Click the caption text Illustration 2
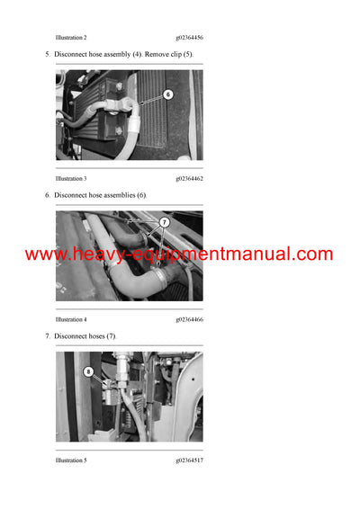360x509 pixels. (x=71, y=38)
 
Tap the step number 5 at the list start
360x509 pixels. (x=48, y=55)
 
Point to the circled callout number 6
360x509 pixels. (x=167, y=94)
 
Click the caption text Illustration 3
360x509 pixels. (x=71, y=179)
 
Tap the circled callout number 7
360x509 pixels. (x=164, y=222)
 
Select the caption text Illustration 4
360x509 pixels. (x=71, y=319)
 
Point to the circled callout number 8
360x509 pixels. (x=88, y=371)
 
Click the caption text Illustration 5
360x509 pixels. (x=71, y=460)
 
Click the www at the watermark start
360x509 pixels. (x=44, y=254)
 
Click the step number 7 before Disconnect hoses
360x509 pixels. (x=48, y=336)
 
